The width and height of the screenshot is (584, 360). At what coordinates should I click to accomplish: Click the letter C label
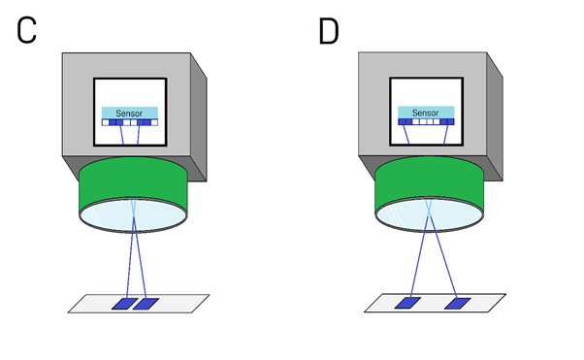pyautogui.click(x=28, y=30)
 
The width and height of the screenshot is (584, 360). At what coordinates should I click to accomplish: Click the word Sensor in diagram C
pyautogui.click(x=129, y=113)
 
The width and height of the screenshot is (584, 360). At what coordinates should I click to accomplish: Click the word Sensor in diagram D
pyautogui.click(x=426, y=113)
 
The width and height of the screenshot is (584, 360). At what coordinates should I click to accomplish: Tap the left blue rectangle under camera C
pyautogui.click(x=124, y=304)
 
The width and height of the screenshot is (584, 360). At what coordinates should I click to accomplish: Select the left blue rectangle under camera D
pyautogui.click(x=405, y=304)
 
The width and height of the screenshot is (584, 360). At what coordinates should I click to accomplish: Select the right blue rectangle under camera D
pyautogui.click(x=457, y=304)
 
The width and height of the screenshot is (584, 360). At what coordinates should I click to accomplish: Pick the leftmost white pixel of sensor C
pyautogui.click(x=106, y=122)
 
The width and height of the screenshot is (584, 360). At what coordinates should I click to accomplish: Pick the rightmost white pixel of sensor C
pyautogui.click(x=152, y=122)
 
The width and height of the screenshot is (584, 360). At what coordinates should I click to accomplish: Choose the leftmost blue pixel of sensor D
pyautogui.click(x=403, y=122)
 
